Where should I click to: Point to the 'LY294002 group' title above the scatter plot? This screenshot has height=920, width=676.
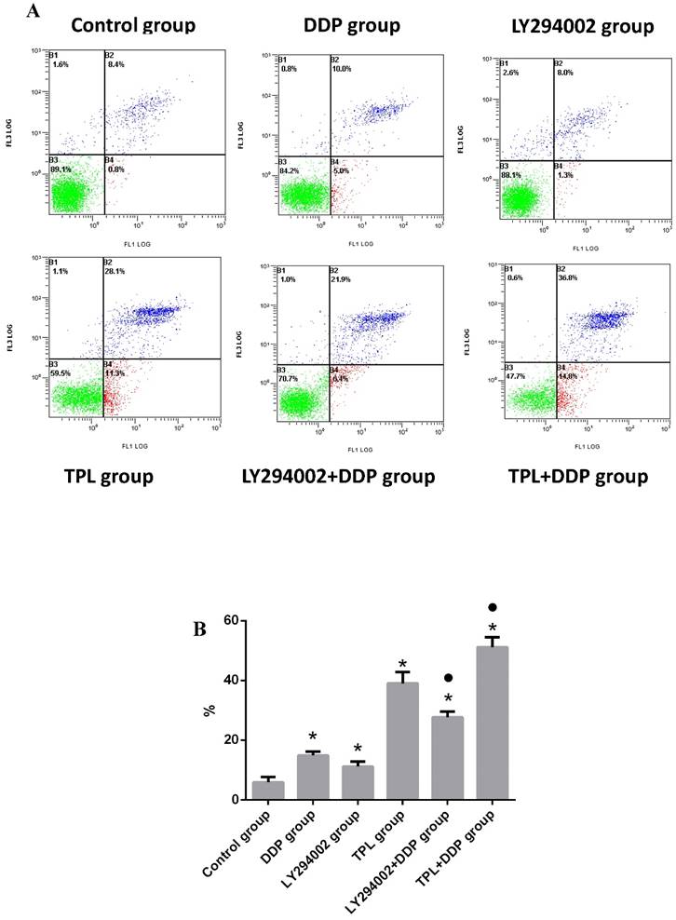point(569,25)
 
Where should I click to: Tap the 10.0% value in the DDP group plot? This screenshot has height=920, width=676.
point(344,71)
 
